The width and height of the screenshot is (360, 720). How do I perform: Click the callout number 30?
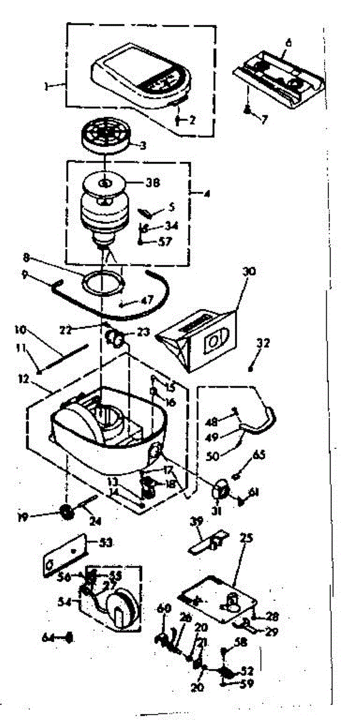point(249,271)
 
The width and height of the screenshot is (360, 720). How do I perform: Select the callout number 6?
point(289,43)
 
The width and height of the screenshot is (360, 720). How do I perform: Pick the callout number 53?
point(106,544)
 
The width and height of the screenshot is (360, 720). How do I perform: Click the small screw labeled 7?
point(247,109)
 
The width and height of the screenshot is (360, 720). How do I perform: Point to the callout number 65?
point(260,455)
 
